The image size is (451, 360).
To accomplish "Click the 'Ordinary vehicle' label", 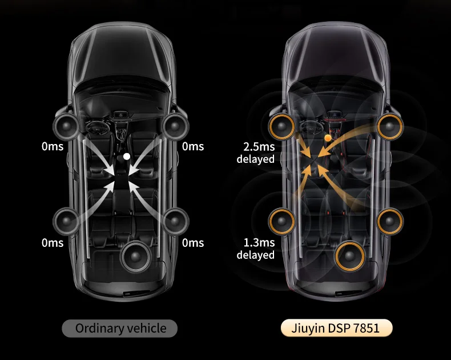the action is tap(120, 328).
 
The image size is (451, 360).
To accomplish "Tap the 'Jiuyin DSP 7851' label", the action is tap(337, 328).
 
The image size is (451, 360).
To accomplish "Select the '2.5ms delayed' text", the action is tap(256, 153).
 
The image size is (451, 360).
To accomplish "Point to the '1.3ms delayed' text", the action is tap(256, 249).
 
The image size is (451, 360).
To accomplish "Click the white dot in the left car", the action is tap(127, 155).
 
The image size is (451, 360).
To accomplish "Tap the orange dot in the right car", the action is tap(327, 138).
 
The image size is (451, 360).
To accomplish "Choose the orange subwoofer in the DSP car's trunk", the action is tap(350, 257).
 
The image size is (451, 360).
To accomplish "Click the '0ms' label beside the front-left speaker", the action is tap(53, 147).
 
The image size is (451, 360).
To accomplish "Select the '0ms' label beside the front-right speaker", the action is tap(193, 147).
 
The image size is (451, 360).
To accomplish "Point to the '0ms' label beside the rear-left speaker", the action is tap(53, 243).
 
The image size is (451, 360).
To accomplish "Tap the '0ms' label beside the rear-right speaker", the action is tap(193, 243).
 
